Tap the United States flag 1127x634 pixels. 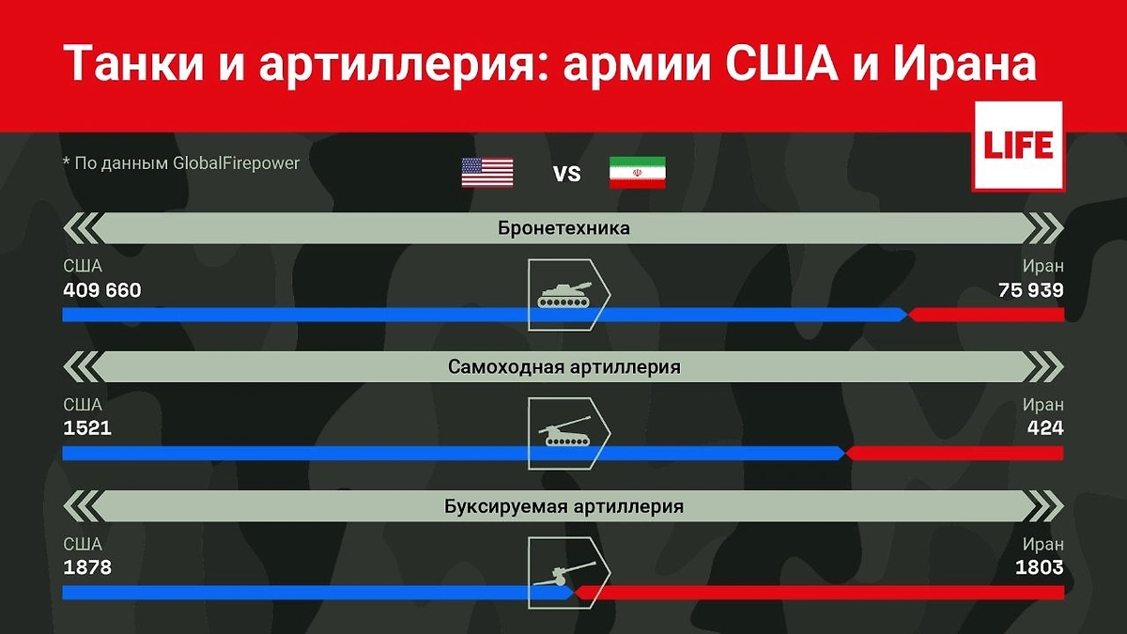click(x=486, y=173)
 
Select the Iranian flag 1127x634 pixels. click(x=637, y=173)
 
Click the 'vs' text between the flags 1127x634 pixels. click(x=566, y=174)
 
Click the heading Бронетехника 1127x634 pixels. click(x=563, y=228)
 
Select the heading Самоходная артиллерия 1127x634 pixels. click(x=563, y=367)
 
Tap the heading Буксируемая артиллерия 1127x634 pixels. click(x=563, y=506)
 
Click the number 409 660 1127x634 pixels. click(x=102, y=290)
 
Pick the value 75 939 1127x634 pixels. click(x=1031, y=290)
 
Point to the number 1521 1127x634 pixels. click(x=87, y=428)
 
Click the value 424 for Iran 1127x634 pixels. click(x=1045, y=428)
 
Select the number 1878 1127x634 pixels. click(x=87, y=567)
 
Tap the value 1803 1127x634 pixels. click(x=1040, y=567)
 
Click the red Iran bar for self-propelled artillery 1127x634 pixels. click(x=954, y=454)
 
